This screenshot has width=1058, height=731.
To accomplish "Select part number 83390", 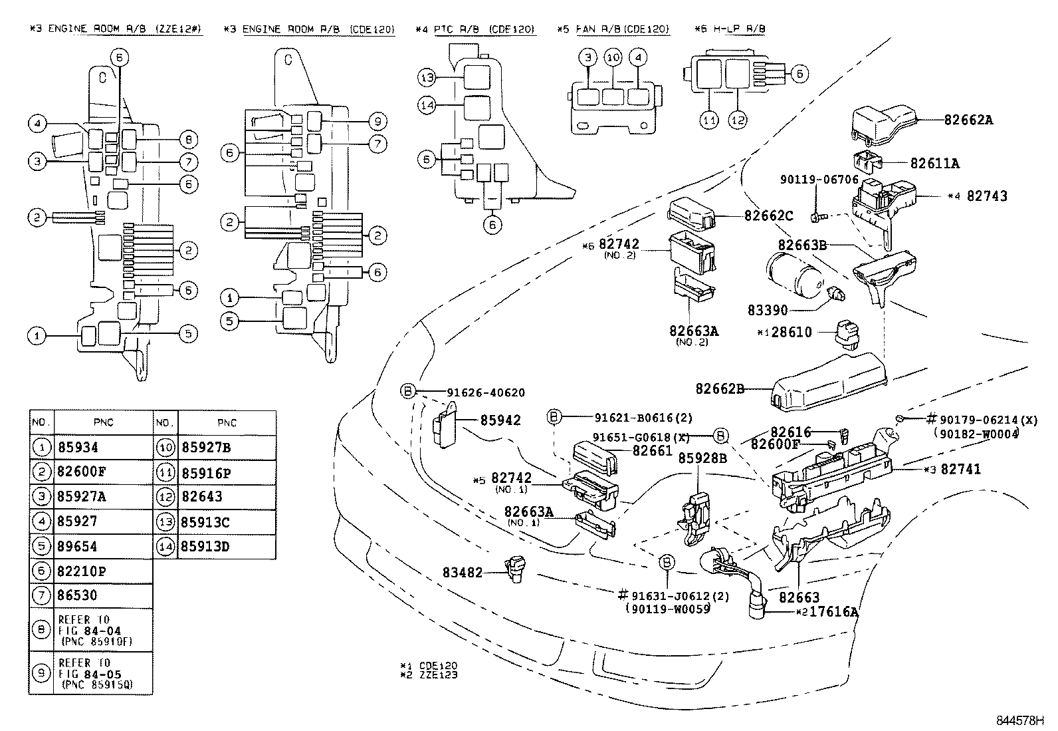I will pos(767,311).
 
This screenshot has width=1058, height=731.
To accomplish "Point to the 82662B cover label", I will pos(720,388).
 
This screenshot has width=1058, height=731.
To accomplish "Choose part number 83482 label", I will pos(463,572).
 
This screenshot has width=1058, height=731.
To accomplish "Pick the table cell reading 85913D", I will pos(205,547).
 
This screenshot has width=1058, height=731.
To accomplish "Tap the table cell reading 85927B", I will pos(206,448).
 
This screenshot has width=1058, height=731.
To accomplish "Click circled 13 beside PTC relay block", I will pos(427,78).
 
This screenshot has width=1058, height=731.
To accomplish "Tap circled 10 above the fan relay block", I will pos(613,58).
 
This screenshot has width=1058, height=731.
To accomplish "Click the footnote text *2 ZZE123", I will pos(428,674).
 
